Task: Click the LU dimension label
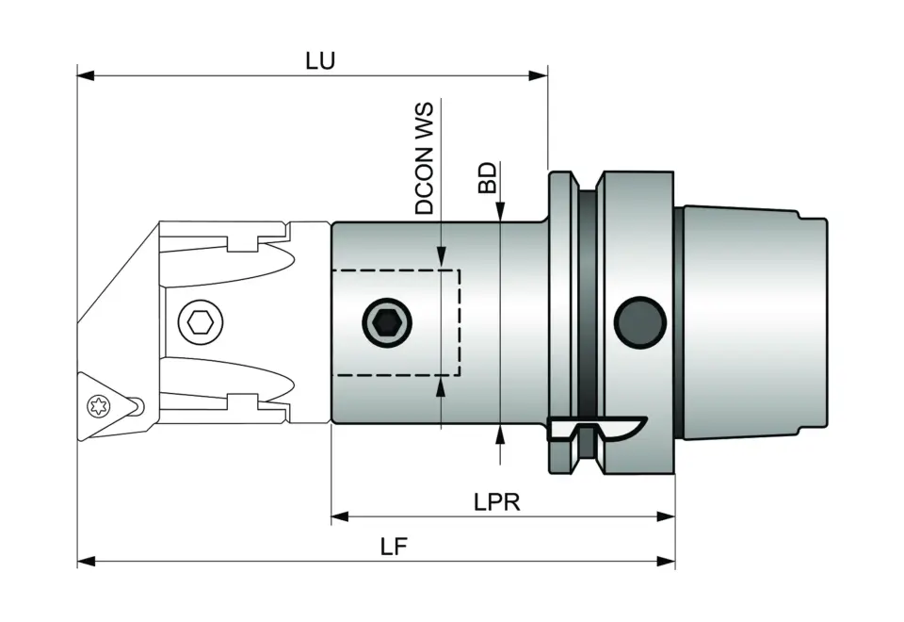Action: [320, 60]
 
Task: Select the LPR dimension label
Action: [496, 502]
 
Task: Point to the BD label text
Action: [487, 177]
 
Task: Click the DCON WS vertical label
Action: [426, 159]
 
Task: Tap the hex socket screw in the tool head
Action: [200, 323]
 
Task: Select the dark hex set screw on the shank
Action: [387, 324]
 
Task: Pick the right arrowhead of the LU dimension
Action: [539, 74]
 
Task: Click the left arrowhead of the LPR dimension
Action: [340, 516]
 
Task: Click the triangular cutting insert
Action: [104, 396]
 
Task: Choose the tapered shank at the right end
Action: [753, 323]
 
